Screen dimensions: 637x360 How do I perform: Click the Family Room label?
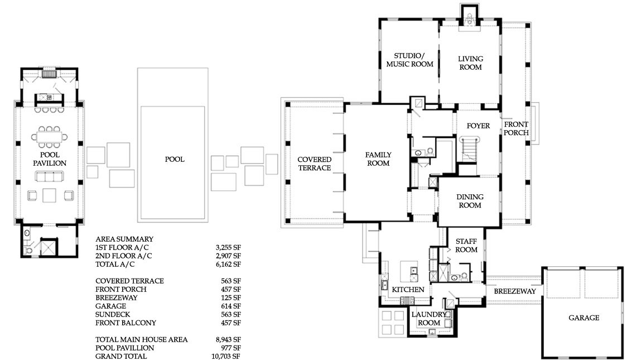[378, 159]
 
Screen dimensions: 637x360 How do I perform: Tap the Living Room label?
[470, 63]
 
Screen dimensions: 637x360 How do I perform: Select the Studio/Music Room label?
[409, 60]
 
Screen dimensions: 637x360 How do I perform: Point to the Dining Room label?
[470, 201]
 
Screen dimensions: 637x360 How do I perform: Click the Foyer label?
[478, 126]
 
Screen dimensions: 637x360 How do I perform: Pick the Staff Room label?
[466, 246]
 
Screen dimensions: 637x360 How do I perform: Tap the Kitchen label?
[408, 290]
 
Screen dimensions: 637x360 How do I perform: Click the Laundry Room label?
[429, 319]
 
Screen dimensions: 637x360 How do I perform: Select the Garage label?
[584, 318]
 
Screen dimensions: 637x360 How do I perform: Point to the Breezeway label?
[515, 291]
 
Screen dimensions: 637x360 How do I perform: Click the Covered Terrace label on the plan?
[315, 164]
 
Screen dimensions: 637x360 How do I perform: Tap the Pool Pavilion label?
[50, 159]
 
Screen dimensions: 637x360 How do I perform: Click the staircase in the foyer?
[470, 148]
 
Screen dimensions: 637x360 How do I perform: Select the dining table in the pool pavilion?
[49, 137]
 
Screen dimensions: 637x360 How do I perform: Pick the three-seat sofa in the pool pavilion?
[49, 176]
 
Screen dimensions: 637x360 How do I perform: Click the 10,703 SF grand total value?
[226, 356]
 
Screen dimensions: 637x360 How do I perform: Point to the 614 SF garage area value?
[231, 306]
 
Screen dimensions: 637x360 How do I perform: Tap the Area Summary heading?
[124, 239]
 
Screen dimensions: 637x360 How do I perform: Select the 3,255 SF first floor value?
[228, 247]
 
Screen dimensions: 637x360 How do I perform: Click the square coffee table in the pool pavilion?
[49, 195]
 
